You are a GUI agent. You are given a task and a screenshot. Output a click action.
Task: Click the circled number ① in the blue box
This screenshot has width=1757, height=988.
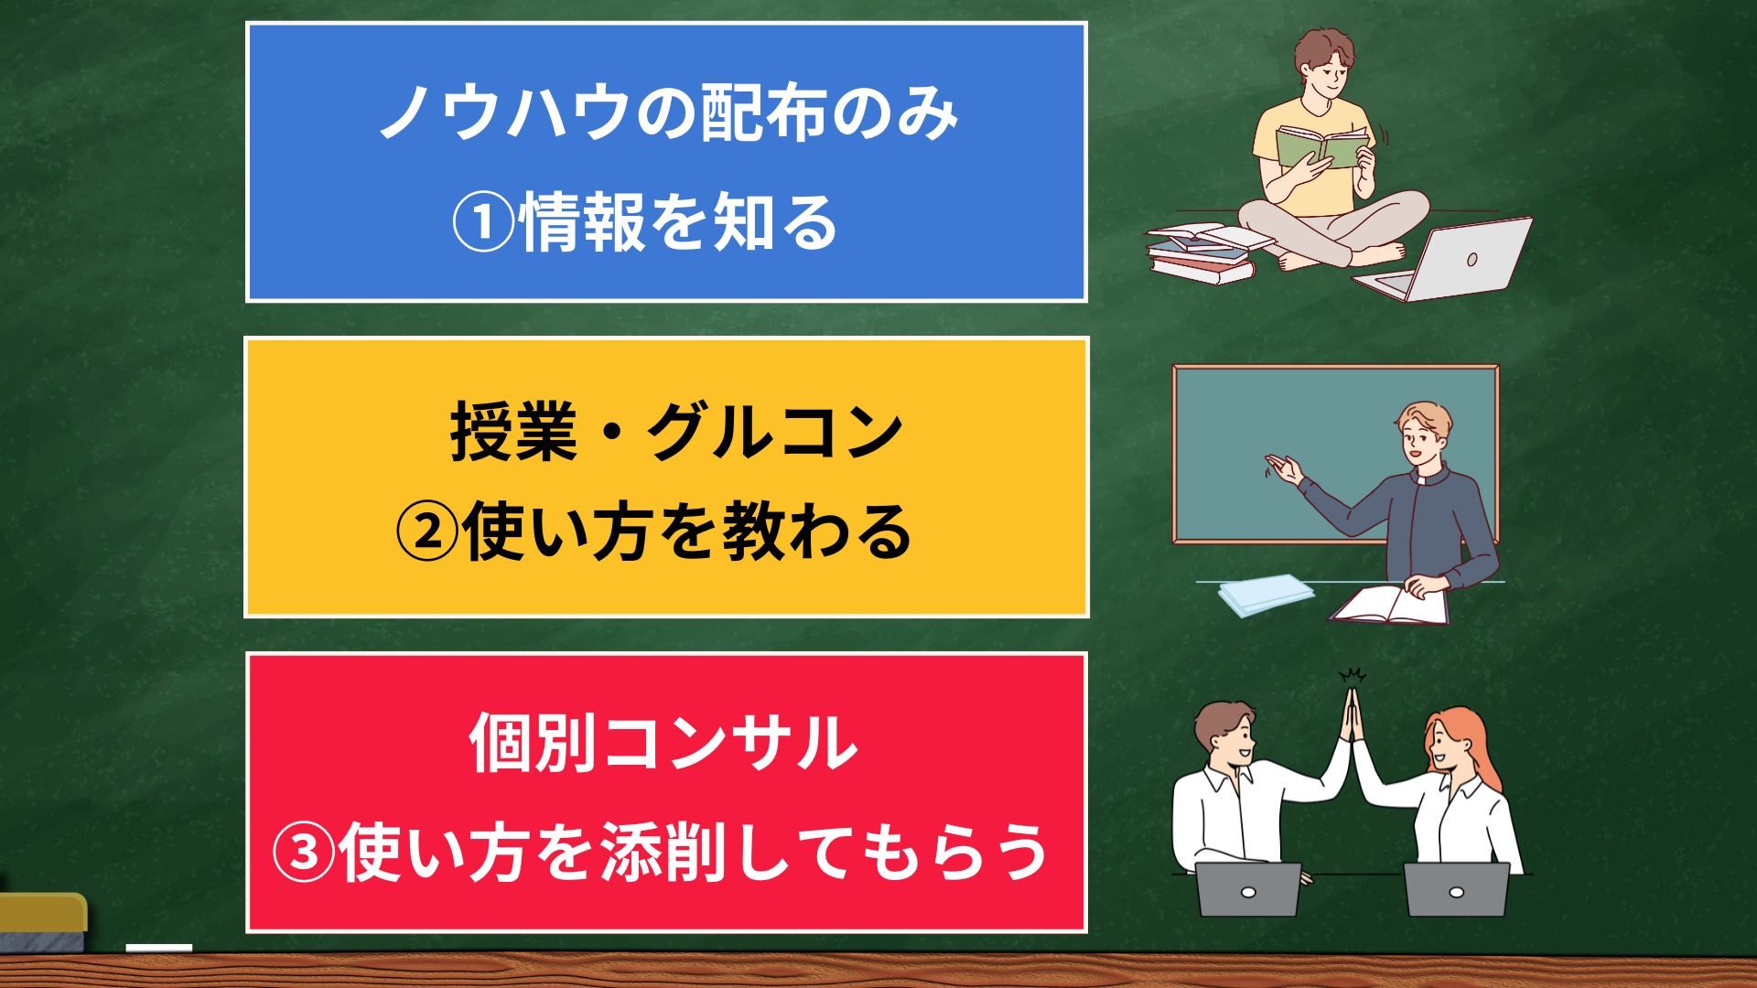coord(484,223)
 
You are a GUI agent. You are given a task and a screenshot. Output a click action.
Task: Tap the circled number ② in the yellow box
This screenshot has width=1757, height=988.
coord(427,532)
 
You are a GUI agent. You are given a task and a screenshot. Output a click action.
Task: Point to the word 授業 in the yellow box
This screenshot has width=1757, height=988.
coord(513,432)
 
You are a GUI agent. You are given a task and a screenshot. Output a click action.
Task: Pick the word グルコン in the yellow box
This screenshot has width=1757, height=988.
coord(776,432)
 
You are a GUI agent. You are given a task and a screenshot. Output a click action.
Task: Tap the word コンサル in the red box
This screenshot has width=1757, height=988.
coord(730,742)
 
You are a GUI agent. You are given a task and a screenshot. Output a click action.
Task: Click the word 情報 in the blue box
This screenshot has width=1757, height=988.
coord(583,223)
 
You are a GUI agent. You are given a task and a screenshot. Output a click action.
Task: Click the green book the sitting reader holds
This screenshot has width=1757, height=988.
coord(1322,147)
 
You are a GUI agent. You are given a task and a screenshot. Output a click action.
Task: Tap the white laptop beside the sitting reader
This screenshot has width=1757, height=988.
coord(1445,261)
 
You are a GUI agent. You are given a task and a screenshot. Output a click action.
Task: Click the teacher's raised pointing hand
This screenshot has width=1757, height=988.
coord(1285,469)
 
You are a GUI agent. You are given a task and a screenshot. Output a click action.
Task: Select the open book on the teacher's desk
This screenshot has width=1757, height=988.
coord(1389,606)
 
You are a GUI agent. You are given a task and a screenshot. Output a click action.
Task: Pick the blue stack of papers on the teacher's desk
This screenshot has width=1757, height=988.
coord(1266,595)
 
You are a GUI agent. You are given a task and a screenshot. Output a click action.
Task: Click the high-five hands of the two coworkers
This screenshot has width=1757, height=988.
coord(1353,714)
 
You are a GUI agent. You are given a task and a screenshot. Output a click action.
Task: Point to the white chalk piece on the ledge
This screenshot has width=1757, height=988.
coord(159,948)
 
